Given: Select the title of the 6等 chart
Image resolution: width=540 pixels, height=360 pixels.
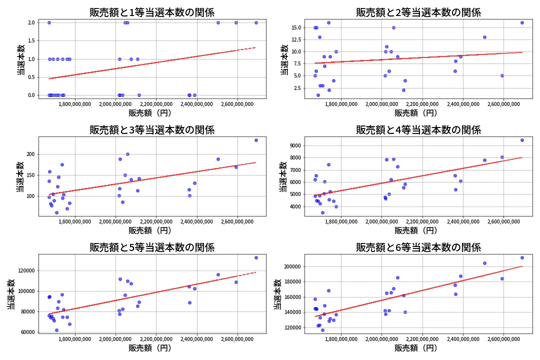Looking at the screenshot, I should pos(418,247).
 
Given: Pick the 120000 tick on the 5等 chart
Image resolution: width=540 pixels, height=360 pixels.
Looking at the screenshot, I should pos(24,270).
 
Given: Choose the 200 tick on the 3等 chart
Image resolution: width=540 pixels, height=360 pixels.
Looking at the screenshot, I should pos(29,154).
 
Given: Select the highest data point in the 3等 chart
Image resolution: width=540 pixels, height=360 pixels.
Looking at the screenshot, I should pos(256,140).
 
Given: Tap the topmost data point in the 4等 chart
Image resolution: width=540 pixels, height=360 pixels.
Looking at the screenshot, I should pos(522,140).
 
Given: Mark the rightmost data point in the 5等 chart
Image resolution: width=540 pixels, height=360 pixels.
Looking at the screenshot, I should pos(256,257).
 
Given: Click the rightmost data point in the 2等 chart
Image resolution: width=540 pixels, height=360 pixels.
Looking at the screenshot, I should pos(522,22).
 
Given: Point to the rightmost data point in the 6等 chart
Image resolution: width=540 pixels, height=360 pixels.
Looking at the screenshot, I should pos(522,257).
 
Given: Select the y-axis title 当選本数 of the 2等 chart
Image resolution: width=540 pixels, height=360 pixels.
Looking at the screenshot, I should pos(284,60).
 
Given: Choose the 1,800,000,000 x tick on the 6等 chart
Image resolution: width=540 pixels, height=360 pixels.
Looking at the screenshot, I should pos(340,338).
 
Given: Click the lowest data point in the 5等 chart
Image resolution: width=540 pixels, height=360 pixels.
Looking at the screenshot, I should pos(56,330).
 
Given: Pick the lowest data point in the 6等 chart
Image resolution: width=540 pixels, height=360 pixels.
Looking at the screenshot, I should pos(322,330).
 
